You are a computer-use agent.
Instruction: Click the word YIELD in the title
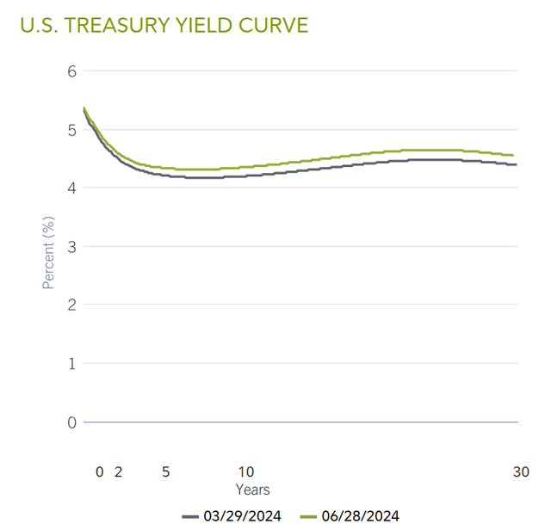[215, 25]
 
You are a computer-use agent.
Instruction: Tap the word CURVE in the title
[275, 25]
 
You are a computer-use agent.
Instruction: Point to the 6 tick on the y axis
[72, 71]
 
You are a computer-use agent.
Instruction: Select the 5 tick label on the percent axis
[72, 130]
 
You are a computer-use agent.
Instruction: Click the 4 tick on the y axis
[72, 188]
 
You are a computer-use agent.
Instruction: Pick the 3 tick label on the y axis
[72, 247]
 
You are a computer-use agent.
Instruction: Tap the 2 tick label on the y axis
[72, 305]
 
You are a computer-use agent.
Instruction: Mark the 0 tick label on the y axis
[72, 422]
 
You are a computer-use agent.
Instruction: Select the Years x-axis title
[253, 490]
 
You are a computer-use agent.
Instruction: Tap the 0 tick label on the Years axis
[100, 472]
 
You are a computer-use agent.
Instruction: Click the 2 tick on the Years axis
[119, 472]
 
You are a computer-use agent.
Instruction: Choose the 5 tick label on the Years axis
[165, 472]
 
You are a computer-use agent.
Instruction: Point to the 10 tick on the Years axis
[246, 472]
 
